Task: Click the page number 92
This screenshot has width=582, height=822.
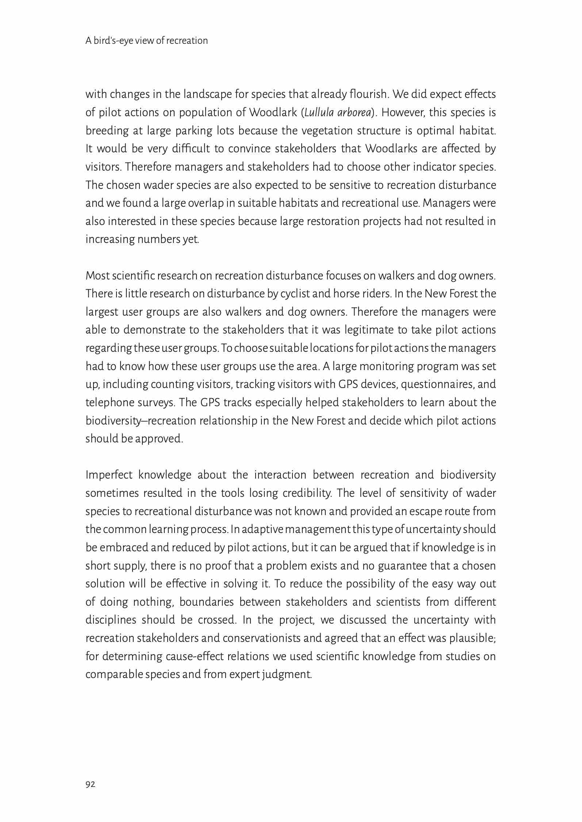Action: (x=90, y=784)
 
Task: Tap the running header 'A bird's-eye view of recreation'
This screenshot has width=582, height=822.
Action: (x=146, y=41)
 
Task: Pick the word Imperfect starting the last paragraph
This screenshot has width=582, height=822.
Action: (x=108, y=475)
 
